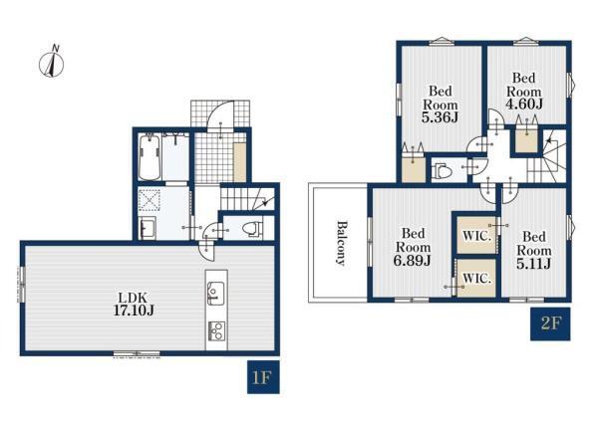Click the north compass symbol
(x=52, y=61)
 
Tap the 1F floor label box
(x=263, y=377)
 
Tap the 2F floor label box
(x=550, y=323)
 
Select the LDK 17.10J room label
(x=134, y=304)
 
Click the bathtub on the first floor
(x=149, y=157)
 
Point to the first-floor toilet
(x=253, y=229)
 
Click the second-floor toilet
(x=442, y=170)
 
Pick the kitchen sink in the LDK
(x=216, y=293)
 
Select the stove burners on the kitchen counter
(x=216, y=330)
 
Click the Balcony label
(x=341, y=243)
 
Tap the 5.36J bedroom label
(x=441, y=104)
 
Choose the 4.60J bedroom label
(x=523, y=91)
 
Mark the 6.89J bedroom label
(x=413, y=247)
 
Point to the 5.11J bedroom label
(x=533, y=250)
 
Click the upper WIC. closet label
(x=476, y=236)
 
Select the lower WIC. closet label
(x=476, y=279)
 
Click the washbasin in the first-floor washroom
(x=148, y=229)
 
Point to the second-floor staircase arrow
(x=549, y=141)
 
